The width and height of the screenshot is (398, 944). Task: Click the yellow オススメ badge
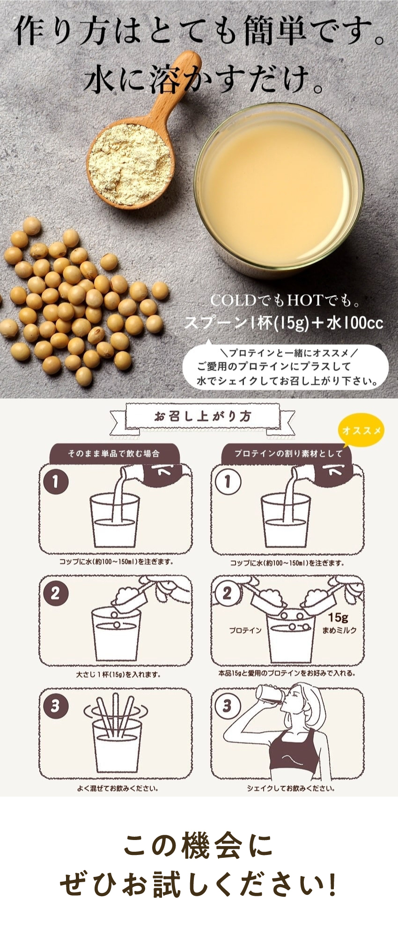361,430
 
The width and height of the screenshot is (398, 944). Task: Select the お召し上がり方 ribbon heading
202,416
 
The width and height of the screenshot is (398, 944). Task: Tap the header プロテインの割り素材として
288,453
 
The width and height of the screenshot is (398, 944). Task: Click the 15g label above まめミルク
338,618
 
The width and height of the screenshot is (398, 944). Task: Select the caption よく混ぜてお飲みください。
118,788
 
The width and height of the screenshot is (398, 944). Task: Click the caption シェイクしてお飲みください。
291,788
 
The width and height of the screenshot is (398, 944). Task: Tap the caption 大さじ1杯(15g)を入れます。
118,675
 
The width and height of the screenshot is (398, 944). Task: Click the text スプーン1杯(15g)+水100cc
284,323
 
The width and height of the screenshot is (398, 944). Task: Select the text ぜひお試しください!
199,886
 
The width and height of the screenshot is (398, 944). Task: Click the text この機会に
199,846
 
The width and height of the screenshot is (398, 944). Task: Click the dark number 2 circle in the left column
56,593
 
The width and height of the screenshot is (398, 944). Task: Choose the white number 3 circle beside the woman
228,706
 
